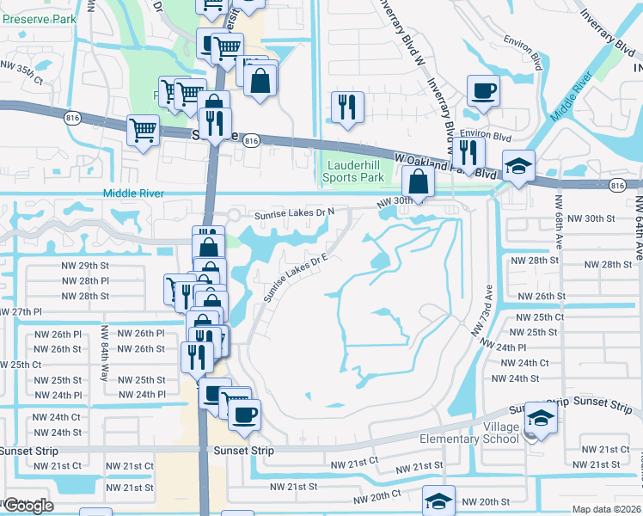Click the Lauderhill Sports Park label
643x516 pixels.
[352, 171]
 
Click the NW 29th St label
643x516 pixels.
[85, 266]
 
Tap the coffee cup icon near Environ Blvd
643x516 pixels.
[483, 90]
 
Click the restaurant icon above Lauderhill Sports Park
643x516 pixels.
[347, 107]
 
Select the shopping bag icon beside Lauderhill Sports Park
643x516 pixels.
[418, 181]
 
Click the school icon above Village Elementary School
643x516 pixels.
[541, 418]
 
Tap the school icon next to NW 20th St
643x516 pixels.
[438, 500]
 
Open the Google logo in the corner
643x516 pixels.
[28, 506]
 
